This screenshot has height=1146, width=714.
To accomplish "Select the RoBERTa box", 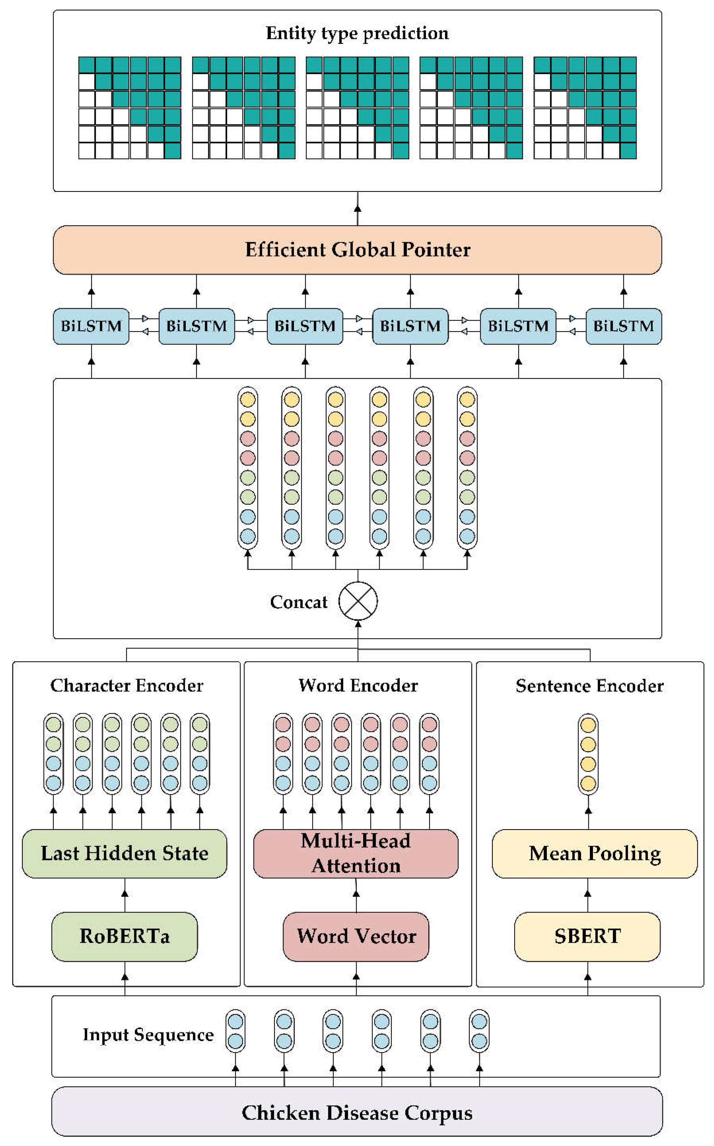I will (x=125, y=936).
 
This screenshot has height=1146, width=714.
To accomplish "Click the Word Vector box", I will (x=356, y=936).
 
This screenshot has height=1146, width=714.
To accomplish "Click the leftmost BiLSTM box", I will (x=91, y=326).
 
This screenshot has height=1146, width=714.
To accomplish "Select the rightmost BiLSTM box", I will (x=623, y=326).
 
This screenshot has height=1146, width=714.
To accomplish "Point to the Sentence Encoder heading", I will (x=589, y=685).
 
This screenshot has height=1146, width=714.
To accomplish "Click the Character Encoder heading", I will (x=126, y=685).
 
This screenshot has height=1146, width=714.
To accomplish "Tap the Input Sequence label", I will (x=148, y=1035).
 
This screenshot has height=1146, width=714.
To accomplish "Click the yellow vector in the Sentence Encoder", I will (x=588, y=754).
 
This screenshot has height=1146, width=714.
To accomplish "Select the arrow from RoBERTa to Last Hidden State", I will (x=125, y=895).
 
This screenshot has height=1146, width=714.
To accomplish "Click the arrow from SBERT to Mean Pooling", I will (x=588, y=895).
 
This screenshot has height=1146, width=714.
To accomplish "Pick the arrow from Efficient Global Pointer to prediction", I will (x=358, y=209).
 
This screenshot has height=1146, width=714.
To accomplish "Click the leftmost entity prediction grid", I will (x=130, y=107).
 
